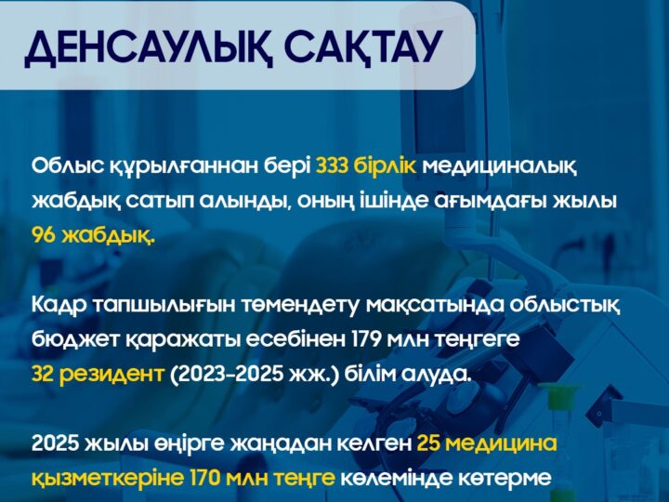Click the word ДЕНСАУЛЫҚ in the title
coord(140,47)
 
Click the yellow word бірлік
coord(393,166)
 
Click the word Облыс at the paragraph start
coord(64,166)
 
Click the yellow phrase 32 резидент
coord(98,374)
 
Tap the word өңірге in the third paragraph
coord(169,443)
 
